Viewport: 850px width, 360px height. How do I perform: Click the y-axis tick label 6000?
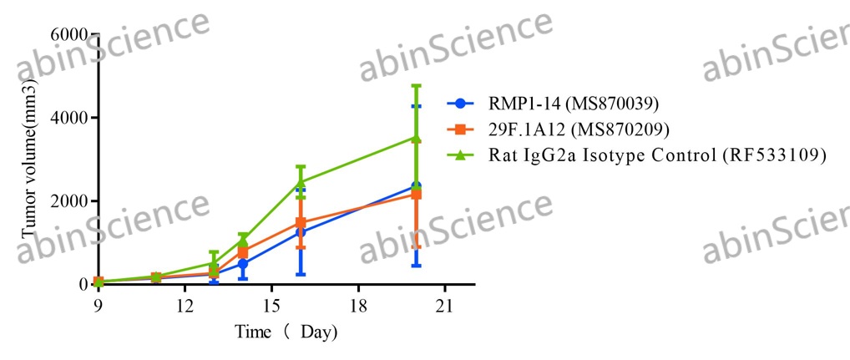(x=70, y=34)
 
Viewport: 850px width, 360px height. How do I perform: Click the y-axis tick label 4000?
(x=70, y=118)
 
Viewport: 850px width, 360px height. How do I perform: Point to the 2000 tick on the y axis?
(x=70, y=201)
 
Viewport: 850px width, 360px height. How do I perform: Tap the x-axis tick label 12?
(x=185, y=305)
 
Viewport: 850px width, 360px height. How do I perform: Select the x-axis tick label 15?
(x=271, y=305)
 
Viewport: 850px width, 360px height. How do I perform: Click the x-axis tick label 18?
(x=358, y=305)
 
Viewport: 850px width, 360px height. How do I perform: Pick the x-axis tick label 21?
(x=444, y=305)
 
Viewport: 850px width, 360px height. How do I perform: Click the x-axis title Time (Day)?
(x=286, y=332)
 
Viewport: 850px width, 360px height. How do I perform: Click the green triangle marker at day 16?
(x=301, y=181)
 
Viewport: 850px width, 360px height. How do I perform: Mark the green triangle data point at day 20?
(x=416, y=138)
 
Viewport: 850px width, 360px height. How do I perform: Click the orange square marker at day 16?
(x=301, y=223)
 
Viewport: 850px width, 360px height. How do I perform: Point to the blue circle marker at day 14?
(x=243, y=264)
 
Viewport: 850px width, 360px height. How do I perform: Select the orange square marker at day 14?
(x=243, y=251)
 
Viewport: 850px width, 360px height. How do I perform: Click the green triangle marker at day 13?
(x=214, y=264)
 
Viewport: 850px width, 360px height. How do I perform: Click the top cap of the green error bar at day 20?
(x=416, y=85)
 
